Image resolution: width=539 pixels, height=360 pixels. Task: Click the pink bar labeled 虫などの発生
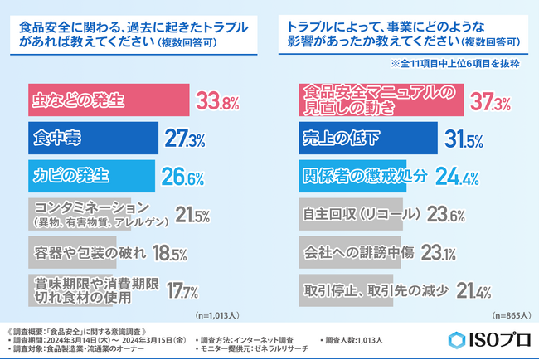point(108,102)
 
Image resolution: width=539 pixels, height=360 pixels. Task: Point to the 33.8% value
point(217,103)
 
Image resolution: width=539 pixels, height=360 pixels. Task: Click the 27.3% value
point(183,140)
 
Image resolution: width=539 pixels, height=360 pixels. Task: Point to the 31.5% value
point(465,140)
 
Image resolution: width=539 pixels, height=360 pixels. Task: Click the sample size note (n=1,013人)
point(216,315)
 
